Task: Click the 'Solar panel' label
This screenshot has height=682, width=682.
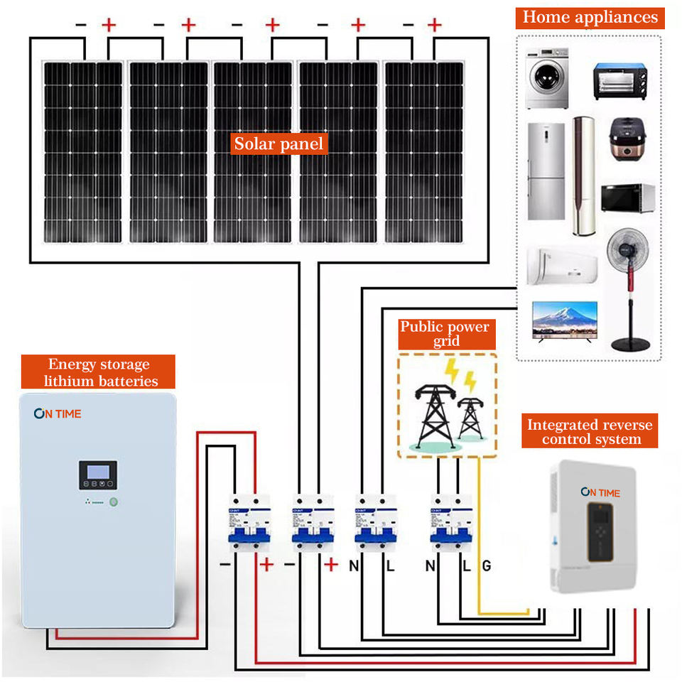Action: [278, 144]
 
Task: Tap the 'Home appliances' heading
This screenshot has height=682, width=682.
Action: [590, 17]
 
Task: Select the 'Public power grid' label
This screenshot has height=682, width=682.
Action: [445, 334]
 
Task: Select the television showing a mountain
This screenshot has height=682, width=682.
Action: [565, 320]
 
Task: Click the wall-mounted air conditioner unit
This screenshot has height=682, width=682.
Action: [561, 265]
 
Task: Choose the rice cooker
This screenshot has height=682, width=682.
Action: [629, 139]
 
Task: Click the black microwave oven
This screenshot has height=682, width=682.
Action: [628, 197]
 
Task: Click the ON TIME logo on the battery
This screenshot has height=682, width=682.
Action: [58, 413]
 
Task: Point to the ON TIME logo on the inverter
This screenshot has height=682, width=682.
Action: [600, 492]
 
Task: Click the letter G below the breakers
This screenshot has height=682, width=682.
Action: [487, 566]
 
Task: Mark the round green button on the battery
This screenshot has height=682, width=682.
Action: [114, 502]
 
